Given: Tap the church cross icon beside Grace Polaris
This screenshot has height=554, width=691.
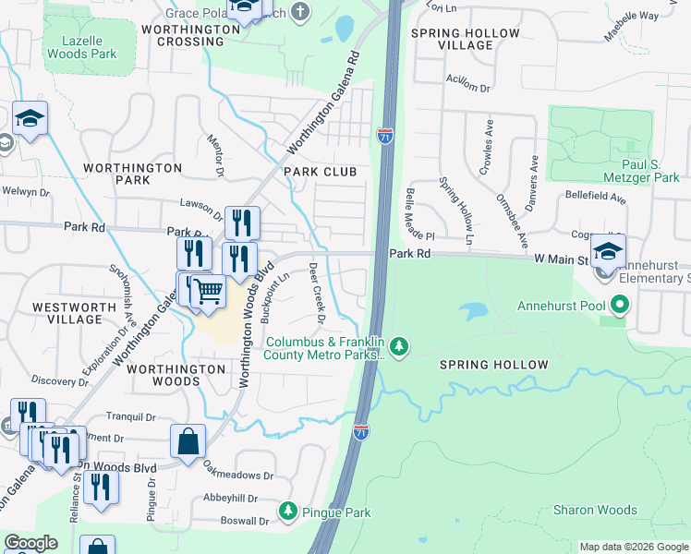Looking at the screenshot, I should (298, 12).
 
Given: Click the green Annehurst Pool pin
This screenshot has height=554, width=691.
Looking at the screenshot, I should (621, 304).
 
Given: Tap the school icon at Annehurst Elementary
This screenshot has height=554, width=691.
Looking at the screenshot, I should (608, 251).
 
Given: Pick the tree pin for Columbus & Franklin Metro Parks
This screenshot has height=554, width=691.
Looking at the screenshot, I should (399, 346).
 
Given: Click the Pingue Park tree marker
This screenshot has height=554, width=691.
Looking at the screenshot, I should (288, 511).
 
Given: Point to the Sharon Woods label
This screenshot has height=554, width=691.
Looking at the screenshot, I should (594, 510).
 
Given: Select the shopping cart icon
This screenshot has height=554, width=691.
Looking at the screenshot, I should (209, 291).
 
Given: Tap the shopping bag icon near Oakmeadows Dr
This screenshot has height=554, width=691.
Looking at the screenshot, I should (188, 440).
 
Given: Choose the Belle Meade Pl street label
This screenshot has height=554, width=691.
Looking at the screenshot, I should (406, 211).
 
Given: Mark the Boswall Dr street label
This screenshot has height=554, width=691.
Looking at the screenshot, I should (244, 520).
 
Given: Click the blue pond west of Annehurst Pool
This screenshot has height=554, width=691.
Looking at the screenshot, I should (477, 311).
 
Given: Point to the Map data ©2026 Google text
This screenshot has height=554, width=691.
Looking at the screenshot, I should (635, 547).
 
